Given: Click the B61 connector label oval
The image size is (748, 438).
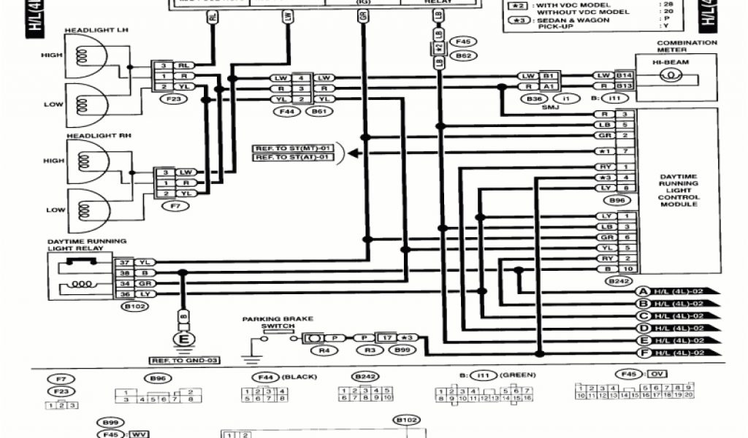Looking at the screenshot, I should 319,112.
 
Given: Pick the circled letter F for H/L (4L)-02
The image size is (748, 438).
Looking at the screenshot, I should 643,353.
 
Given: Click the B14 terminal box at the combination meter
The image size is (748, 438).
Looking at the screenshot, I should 623,75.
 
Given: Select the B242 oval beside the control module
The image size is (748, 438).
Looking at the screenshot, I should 618,280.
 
